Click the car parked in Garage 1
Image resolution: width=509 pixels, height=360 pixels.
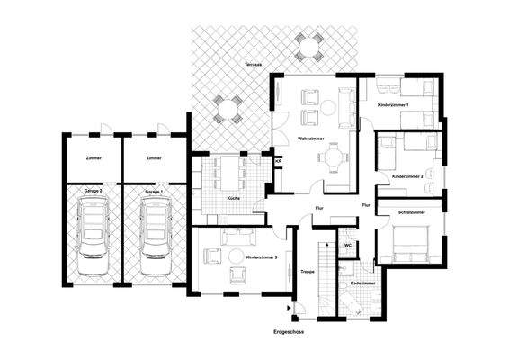[x=154, y=236]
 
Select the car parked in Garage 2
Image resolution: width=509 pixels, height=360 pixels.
[x=93, y=236]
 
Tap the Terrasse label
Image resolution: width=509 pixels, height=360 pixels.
[x=253, y=66]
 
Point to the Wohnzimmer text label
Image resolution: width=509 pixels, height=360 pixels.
[x=311, y=138]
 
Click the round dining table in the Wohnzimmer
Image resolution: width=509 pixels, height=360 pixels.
[x=335, y=157]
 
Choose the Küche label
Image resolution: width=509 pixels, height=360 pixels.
[x=233, y=197]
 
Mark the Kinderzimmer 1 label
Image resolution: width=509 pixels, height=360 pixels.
[x=393, y=106]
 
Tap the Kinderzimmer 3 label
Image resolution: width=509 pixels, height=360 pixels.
[x=261, y=257]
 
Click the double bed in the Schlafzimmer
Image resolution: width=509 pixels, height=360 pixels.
[x=411, y=240]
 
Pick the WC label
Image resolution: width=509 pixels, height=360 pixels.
[x=347, y=245]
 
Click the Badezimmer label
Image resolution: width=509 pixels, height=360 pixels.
[x=362, y=283]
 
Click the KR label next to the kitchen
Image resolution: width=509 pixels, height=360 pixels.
[x=277, y=161]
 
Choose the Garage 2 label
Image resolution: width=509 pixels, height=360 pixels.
[x=94, y=192]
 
